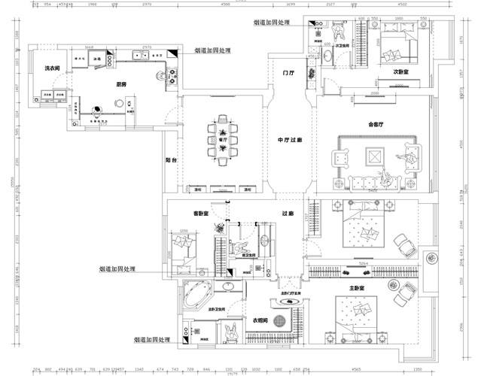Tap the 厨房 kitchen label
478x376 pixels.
pyautogui.click(x=120, y=85)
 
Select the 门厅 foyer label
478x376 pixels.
pyautogui.click(x=287, y=74)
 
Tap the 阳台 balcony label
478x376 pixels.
pyautogui.click(x=171, y=160)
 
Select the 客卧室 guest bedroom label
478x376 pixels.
pyautogui.click(x=201, y=214)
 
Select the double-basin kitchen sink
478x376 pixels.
pyautogui.click(x=140, y=55)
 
